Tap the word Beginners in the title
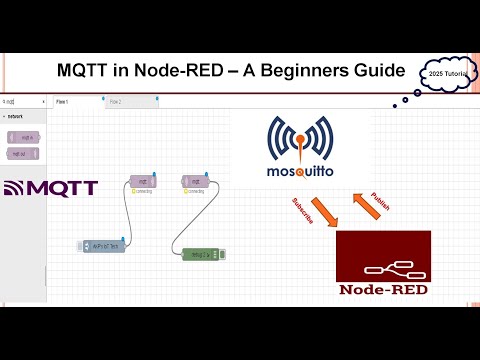(300, 72)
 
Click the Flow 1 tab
(63, 102)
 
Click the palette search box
(24, 102)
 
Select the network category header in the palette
(16, 116)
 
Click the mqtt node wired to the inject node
(146, 181)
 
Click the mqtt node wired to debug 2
(196, 181)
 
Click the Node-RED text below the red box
(383, 291)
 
